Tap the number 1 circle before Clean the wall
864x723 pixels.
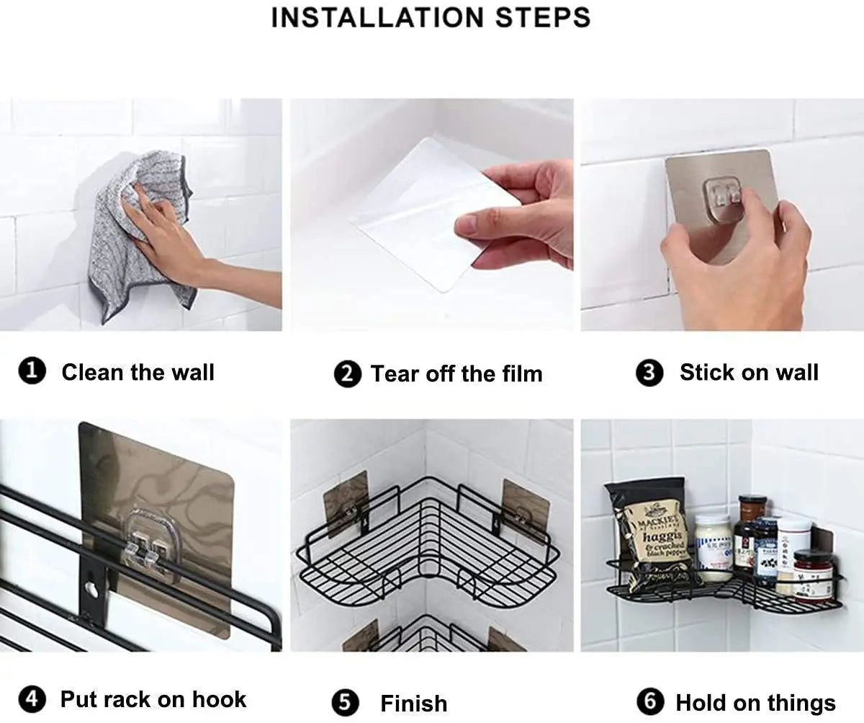[x=32, y=373]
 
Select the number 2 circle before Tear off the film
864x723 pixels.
[x=347, y=374]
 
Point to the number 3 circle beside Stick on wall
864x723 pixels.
[x=649, y=373]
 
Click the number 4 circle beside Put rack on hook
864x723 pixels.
[x=32, y=699]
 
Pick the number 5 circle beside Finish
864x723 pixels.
[x=345, y=703]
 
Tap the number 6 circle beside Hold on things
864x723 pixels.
[x=649, y=702]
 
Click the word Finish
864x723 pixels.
[x=413, y=704]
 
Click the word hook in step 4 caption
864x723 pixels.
[x=219, y=699]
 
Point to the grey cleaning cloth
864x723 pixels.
[x=137, y=238]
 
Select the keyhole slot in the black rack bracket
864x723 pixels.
[x=91, y=590]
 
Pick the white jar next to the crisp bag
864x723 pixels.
[x=713, y=548]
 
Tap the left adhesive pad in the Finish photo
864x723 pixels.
[x=346, y=505]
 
